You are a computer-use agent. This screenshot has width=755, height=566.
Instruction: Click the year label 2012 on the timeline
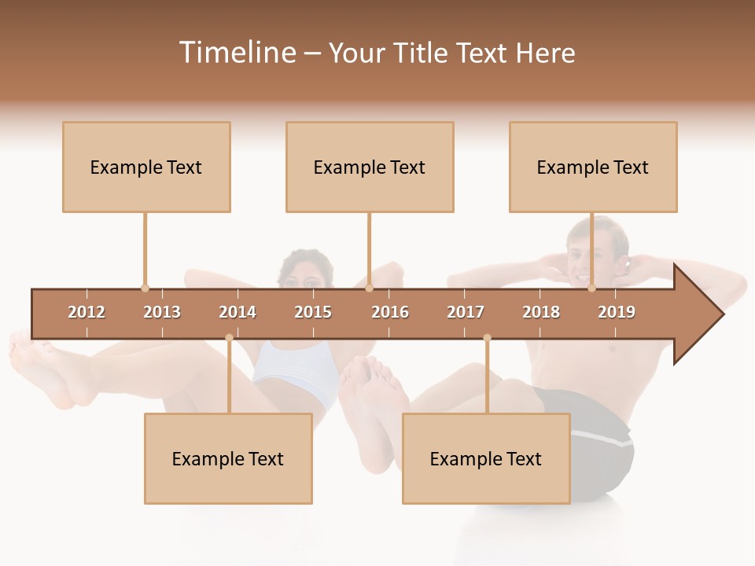coord(87,312)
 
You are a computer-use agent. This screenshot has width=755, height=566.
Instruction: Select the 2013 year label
coord(162,312)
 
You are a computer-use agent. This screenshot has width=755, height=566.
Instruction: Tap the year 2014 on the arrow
coord(238,312)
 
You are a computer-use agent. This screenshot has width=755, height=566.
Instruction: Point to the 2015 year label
coord(313,312)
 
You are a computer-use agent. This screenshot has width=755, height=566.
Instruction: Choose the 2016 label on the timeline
coord(390,312)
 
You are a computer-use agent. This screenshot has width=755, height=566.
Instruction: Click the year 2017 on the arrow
coord(466,312)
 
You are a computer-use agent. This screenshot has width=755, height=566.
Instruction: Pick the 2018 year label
coord(541,312)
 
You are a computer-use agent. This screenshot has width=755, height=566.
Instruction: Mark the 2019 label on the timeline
coord(617,312)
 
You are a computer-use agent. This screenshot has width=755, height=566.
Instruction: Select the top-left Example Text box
coord(146,167)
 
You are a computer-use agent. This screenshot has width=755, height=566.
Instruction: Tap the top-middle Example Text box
coord(370,167)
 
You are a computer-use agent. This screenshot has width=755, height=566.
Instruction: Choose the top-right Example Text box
coord(593,167)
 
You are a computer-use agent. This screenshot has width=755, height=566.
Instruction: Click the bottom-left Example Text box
coord(228,458)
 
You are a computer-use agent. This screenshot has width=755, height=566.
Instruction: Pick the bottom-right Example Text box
coord(486,458)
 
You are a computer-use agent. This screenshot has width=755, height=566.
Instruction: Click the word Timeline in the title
coord(236,53)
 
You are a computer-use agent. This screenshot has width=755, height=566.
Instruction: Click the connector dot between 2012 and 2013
coord(145,288)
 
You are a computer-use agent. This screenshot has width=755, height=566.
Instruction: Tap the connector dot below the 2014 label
coord(229,337)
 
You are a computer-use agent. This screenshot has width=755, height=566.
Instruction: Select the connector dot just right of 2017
coord(487,337)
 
